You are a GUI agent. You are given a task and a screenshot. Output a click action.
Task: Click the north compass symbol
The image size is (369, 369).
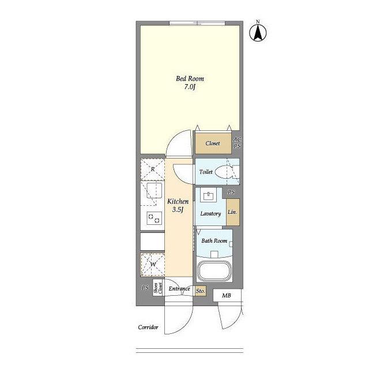pos(258,32)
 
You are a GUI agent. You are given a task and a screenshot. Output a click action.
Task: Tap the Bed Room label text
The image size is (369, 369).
pos(190,78)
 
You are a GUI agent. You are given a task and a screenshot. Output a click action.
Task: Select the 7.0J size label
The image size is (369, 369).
pos(190,87)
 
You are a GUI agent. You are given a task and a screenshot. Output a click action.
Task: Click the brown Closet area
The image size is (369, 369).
pos(213,144)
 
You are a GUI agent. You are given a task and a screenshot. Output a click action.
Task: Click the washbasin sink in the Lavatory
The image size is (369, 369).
pos(208,195)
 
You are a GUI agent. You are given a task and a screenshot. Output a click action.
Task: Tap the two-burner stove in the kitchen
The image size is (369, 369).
pos(154,218)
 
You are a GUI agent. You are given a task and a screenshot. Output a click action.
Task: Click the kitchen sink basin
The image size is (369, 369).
pos(154,190)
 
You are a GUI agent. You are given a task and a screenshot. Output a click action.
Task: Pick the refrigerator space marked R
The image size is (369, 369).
pos(152,169)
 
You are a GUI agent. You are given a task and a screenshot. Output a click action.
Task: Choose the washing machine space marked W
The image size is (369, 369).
pos(152,265)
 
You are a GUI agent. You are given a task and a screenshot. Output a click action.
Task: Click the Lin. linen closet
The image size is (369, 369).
pos(233,212)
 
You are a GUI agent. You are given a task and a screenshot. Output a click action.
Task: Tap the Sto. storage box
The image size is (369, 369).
pos(201,291)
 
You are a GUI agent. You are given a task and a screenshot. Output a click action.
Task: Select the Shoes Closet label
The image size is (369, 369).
pos(158,288)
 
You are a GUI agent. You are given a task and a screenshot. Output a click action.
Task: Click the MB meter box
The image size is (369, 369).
pos(227,295)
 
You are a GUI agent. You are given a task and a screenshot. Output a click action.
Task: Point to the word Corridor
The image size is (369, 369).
pos(148,327)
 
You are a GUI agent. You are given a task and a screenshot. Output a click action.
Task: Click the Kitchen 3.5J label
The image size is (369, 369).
pos(178,205)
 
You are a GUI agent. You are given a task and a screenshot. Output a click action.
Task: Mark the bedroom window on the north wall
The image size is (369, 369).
pos(197,23)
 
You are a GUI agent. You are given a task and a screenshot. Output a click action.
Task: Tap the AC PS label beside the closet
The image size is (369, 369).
pos(237,143)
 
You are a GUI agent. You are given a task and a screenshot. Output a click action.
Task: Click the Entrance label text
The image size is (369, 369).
pos(179,289)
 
